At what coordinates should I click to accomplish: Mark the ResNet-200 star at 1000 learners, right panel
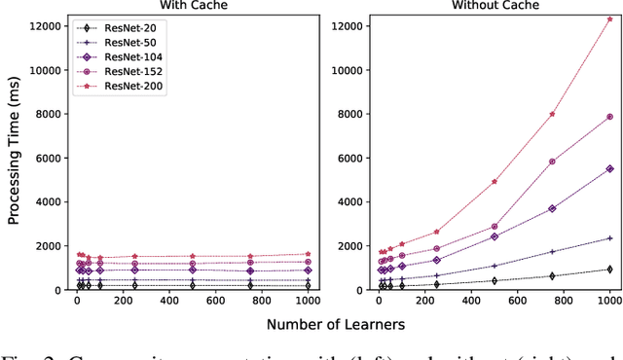point(609,18)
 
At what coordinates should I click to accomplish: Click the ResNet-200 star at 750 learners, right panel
point(552,114)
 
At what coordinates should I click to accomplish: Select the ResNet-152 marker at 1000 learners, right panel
point(609,117)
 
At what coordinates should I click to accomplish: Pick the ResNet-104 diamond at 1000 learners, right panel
point(609,168)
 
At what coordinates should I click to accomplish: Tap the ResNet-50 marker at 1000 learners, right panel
point(609,237)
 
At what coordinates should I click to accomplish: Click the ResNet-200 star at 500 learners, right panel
point(495,181)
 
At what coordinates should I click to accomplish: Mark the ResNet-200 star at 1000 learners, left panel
point(308,254)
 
